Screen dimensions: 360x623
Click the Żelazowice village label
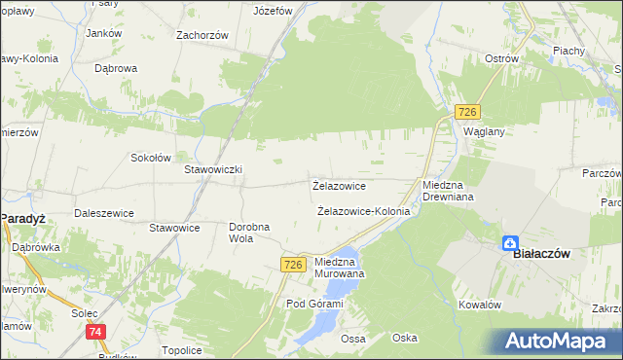pos(339,185)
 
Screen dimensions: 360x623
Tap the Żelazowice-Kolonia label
pos(363,211)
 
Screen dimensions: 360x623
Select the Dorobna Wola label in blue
pos(249,233)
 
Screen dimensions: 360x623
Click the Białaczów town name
pos(540,254)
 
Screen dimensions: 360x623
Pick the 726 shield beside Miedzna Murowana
pos(294,265)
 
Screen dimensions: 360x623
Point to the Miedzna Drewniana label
pos(447,191)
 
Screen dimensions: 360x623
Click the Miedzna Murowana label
pos(340,268)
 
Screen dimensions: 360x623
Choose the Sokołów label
pos(151,158)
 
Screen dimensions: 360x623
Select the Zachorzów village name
pos(202,35)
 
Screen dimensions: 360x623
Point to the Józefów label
pos(273,12)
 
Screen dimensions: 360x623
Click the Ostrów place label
pos(501,58)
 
